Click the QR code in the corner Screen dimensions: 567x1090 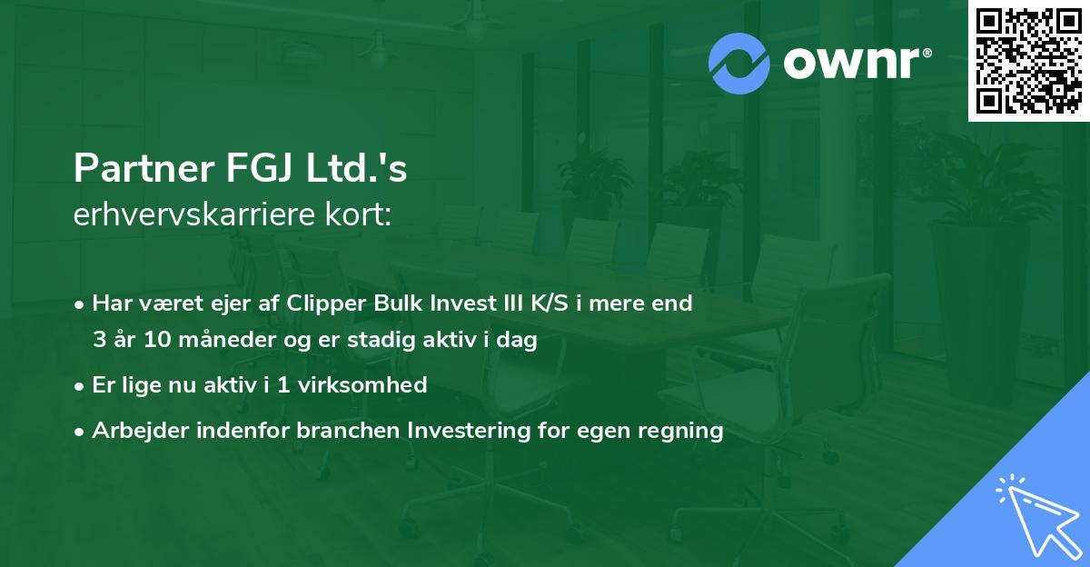1028,61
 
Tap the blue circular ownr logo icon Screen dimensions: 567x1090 739,64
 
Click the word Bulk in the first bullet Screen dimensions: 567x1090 399,303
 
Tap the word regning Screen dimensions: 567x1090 683,431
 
